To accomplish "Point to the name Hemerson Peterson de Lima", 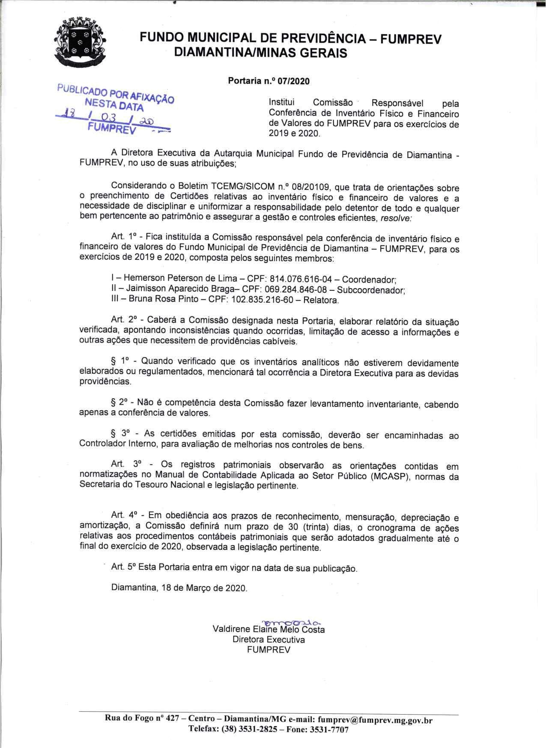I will (176, 279).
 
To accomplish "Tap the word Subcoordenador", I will (371, 290).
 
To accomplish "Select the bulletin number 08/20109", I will (307, 187).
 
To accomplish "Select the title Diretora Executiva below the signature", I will (269, 640).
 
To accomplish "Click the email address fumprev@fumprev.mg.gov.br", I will (376, 718).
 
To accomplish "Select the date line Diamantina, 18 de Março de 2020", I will (179, 587).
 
